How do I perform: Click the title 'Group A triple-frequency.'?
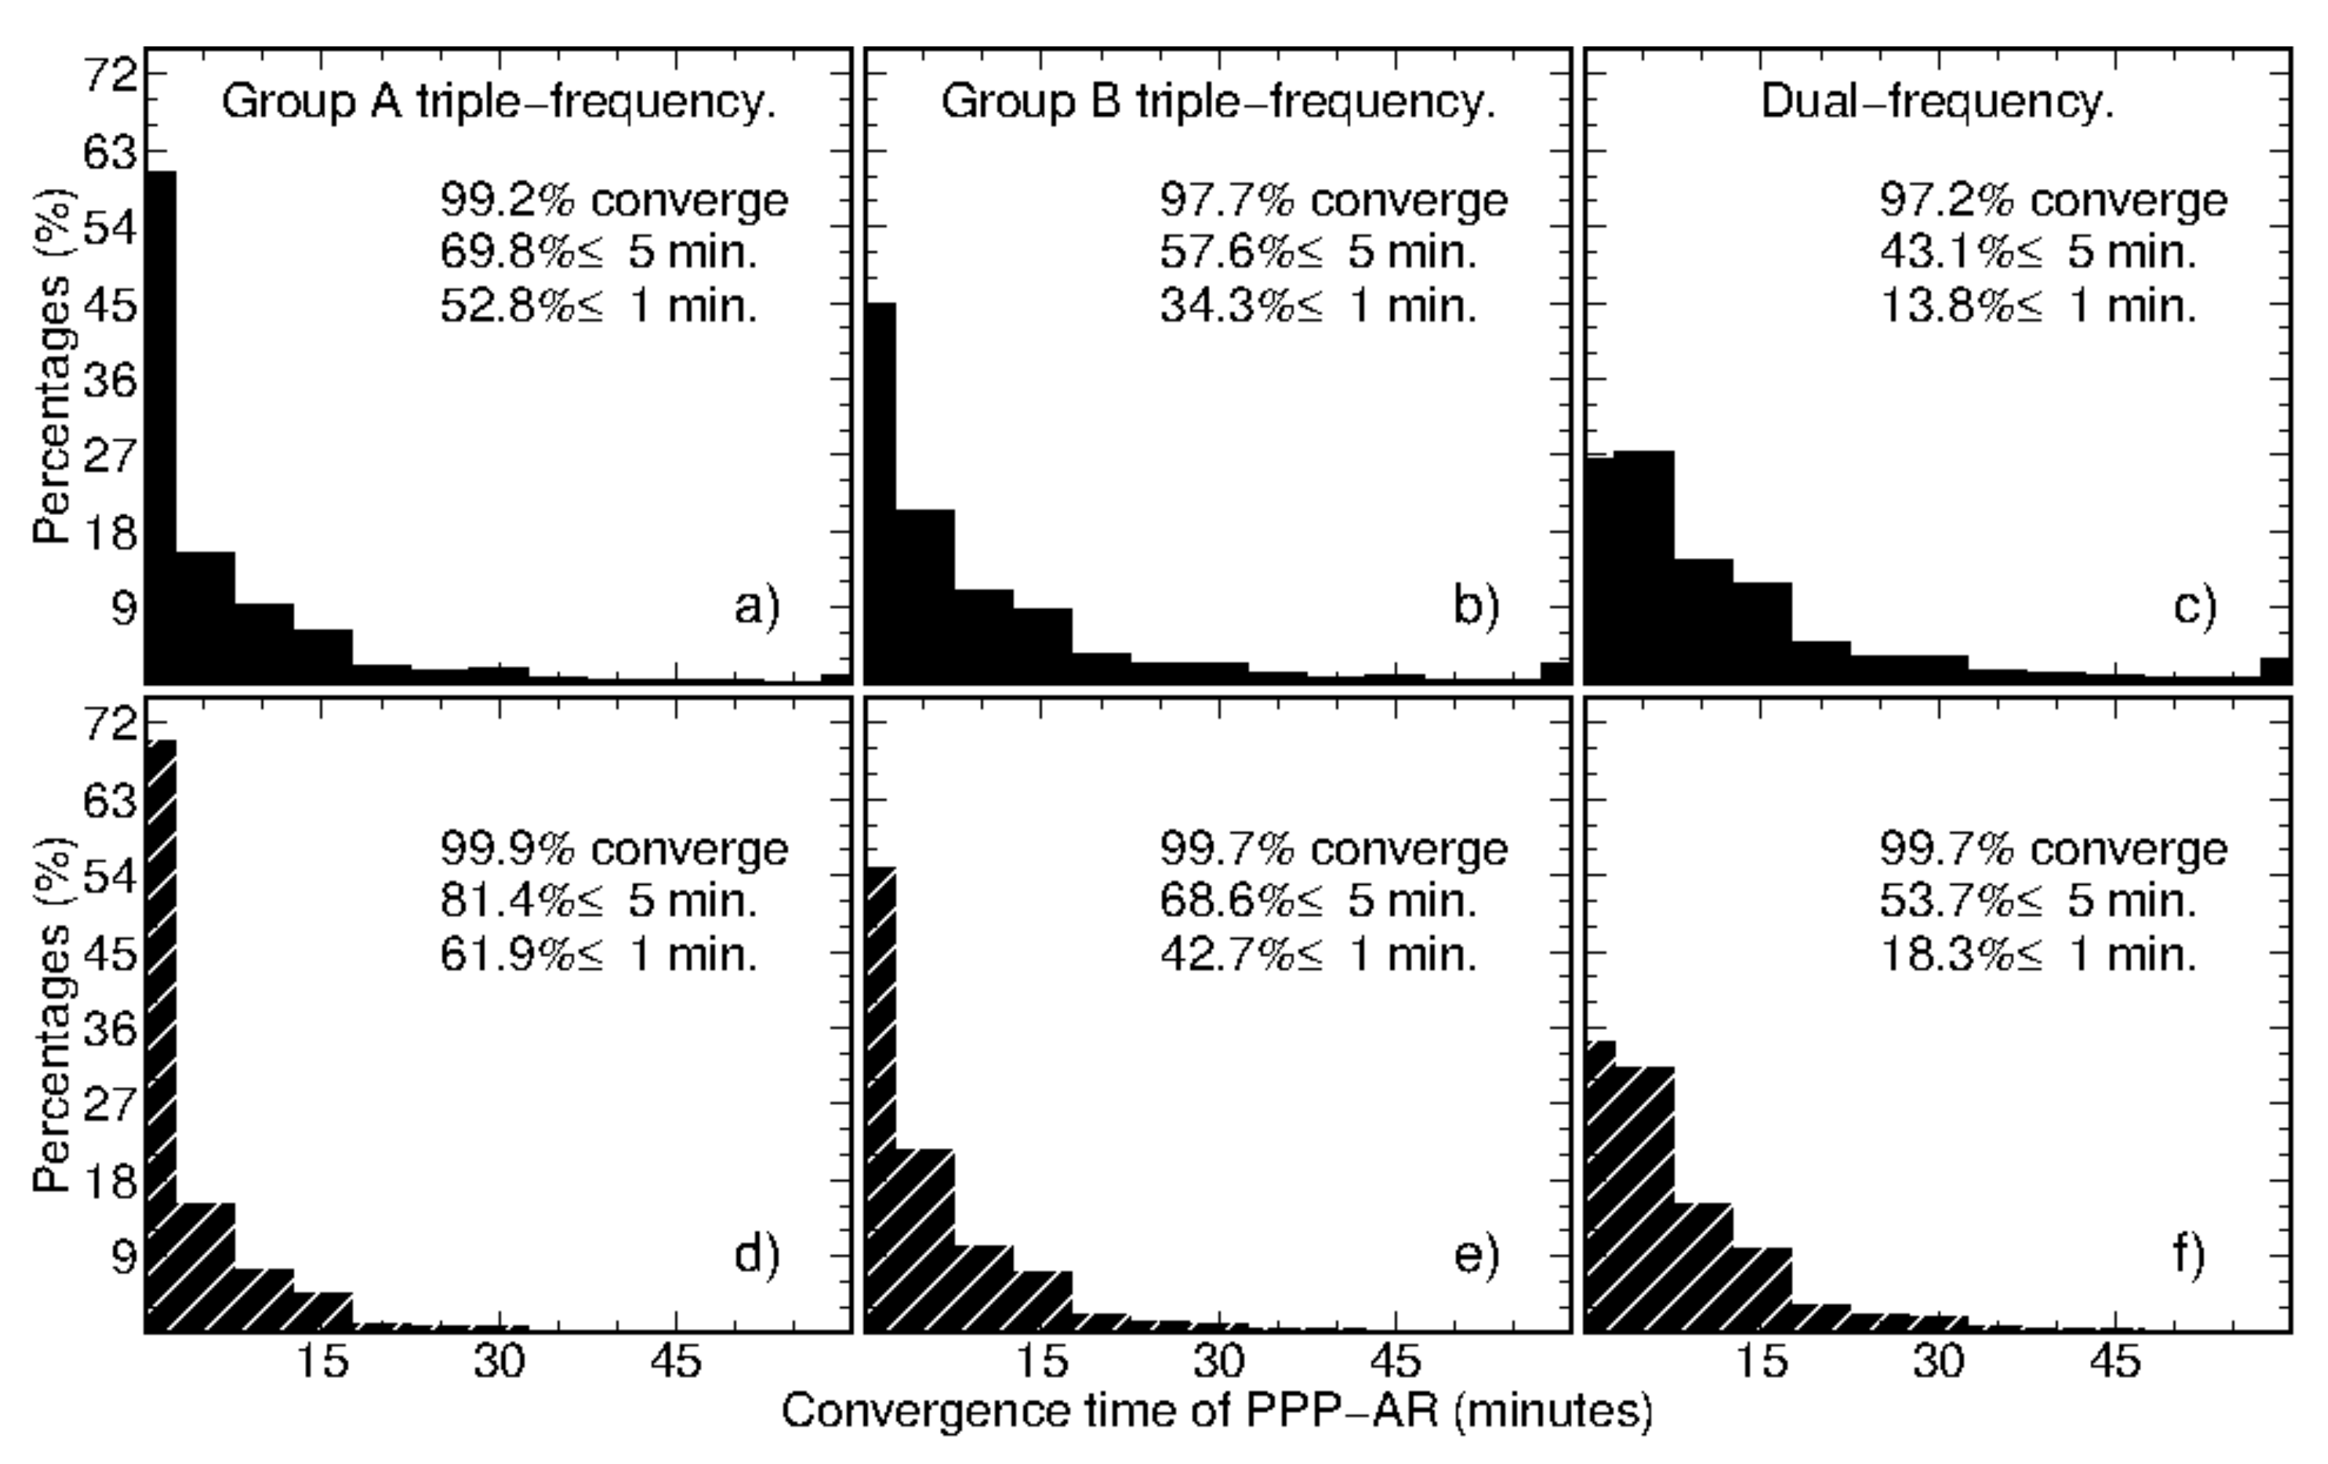[499, 102]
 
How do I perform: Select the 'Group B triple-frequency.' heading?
[1218, 102]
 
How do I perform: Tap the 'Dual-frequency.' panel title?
[1938, 102]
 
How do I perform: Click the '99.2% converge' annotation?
[614, 201]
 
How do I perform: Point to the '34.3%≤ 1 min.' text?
[1319, 306]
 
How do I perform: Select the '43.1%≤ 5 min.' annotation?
[2038, 253]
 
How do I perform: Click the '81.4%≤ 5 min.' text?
[598, 902]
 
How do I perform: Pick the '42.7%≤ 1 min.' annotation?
[1319, 956]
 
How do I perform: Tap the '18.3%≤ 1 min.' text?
[2038, 956]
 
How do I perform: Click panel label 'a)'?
[757, 608]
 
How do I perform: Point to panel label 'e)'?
[1476, 1255]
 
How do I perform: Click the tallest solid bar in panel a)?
[161, 425]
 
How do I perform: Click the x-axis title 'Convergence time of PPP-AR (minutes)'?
[1217, 1411]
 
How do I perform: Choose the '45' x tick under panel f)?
[2116, 1363]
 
